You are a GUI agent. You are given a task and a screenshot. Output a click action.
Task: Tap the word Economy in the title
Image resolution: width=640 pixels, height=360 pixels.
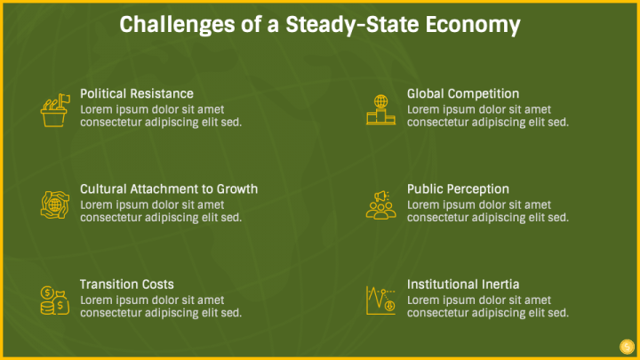pyautogui.click(x=473, y=25)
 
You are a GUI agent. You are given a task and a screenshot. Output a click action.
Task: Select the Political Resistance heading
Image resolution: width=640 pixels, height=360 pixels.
pyautogui.click(x=137, y=94)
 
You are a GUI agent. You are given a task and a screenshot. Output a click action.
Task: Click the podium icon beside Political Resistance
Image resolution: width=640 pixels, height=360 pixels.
pyautogui.click(x=55, y=110)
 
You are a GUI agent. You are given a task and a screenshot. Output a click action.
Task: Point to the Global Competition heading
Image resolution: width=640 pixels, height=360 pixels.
pyautogui.click(x=463, y=94)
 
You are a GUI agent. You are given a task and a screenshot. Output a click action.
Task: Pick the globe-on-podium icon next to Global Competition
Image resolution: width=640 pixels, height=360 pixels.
pyautogui.click(x=380, y=109)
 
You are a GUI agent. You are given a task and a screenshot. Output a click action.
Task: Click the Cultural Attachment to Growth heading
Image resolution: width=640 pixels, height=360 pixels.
pyautogui.click(x=169, y=189)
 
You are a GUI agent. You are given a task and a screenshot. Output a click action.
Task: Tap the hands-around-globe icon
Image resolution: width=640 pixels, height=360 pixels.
pyautogui.click(x=55, y=205)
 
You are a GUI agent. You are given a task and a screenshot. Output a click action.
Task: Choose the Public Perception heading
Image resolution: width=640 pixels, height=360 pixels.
pyautogui.click(x=458, y=189)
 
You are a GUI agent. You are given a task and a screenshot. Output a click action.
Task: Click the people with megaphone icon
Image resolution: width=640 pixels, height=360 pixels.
pyautogui.click(x=380, y=205)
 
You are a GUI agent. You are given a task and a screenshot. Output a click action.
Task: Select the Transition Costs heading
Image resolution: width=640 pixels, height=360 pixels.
pyautogui.click(x=127, y=284)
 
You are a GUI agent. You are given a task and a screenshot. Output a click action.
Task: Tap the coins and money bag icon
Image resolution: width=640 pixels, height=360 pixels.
pyautogui.click(x=55, y=300)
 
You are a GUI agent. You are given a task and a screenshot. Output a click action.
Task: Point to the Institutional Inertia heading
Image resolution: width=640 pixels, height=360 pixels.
pyautogui.click(x=463, y=284)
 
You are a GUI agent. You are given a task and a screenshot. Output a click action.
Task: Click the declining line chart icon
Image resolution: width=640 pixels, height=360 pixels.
pyautogui.click(x=380, y=300)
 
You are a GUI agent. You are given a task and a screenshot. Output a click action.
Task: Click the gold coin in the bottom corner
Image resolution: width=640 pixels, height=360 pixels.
pyautogui.click(x=627, y=347)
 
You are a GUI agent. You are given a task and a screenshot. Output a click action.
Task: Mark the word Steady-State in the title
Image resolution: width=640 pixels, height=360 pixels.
pyautogui.click(x=352, y=25)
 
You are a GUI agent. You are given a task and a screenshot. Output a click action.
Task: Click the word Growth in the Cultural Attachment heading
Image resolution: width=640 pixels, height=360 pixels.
pyautogui.click(x=237, y=189)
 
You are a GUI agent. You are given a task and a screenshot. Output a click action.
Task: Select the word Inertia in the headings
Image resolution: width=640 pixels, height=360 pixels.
pyautogui.click(x=500, y=284)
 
